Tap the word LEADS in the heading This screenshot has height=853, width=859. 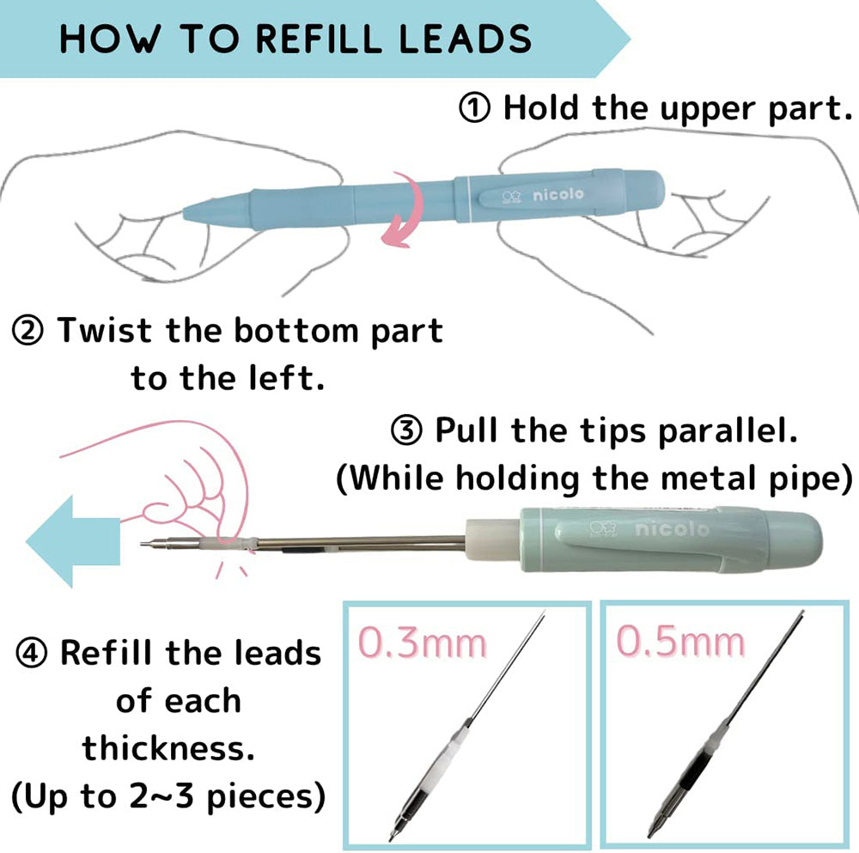(x=465, y=39)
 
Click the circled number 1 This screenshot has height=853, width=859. (x=474, y=108)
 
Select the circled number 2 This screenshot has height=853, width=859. (x=27, y=331)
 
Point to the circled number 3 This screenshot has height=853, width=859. (x=406, y=430)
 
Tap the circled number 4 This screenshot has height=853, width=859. (x=31, y=653)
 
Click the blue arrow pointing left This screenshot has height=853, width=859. (x=73, y=541)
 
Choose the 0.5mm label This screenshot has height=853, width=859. (x=681, y=641)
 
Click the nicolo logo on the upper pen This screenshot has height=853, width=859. (x=543, y=195)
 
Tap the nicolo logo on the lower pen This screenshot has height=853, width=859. (x=649, y=529)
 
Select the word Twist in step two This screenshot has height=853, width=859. (x=104, y=331)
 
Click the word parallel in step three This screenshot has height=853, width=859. (x=728, y=431)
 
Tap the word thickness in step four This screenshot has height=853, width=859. (x=168, y=748)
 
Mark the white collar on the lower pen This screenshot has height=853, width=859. (x=492, y=539)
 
